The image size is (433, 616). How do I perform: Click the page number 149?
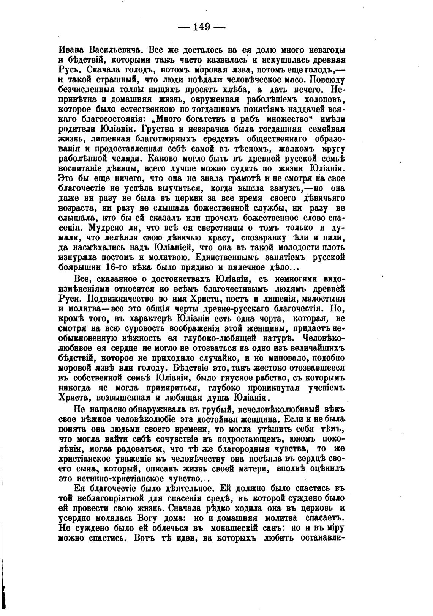click(201, 27)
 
